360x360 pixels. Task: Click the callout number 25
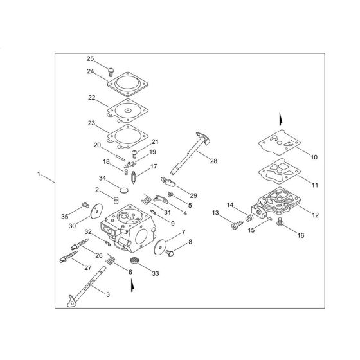pyautogui.click(x=90, y=59)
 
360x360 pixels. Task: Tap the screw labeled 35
pyautogui.click(x=85, y=206)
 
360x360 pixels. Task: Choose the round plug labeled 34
pyautogui.click(x=123, y=189)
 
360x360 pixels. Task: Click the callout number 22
pyautogui.click(x=91, y=98)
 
